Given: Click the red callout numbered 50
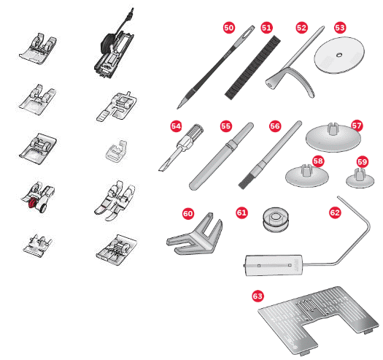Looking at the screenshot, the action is [229, 28].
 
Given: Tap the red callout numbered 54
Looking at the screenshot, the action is [176, 126].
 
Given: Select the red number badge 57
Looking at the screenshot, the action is [357, 126].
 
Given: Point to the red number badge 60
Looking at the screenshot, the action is [188, 213].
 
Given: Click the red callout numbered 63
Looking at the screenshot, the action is [258, 296].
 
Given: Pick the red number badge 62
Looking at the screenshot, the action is [335, 212].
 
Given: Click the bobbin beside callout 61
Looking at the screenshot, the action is [276, 220].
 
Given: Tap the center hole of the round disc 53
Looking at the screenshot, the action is [339, 55].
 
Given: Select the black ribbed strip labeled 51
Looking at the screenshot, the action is [252, 67].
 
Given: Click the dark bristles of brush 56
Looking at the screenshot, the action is [245, 183].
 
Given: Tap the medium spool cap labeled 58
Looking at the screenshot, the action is [307, 175].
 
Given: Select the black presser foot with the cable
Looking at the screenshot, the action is [114, 49].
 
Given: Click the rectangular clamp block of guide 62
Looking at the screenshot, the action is [274, 265].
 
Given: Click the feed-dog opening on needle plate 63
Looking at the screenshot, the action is [306, 309].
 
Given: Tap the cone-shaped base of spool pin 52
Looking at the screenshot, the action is [272, 81].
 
